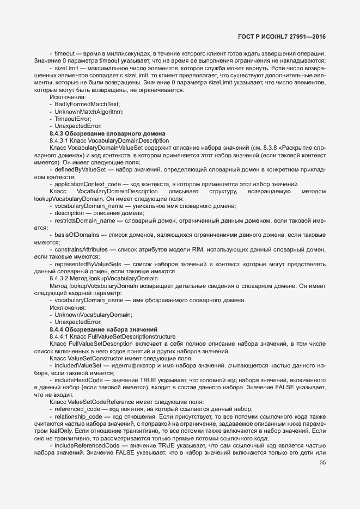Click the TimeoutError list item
[73, 119]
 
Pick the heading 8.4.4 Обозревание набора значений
[103, 329]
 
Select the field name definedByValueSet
[80, 170]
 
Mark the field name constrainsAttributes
[82, 249]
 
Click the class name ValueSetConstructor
[99, 358]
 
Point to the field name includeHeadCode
[78, 380]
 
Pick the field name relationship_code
[79, 416]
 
